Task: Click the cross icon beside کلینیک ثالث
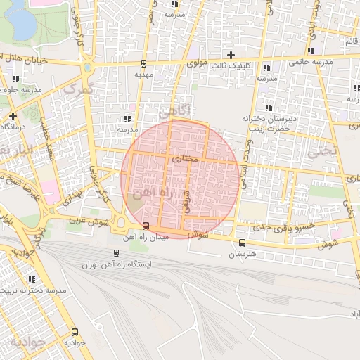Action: coord(230,55)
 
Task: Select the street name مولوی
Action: coord(198,63)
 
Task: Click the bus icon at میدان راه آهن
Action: coord(146,226)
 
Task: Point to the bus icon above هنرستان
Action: coord(242,243)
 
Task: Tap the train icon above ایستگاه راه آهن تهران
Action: coord(116,253)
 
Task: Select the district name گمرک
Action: coord(77,89)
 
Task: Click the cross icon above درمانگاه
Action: coord(13,115)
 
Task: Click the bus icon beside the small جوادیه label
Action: coord(76,333)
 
